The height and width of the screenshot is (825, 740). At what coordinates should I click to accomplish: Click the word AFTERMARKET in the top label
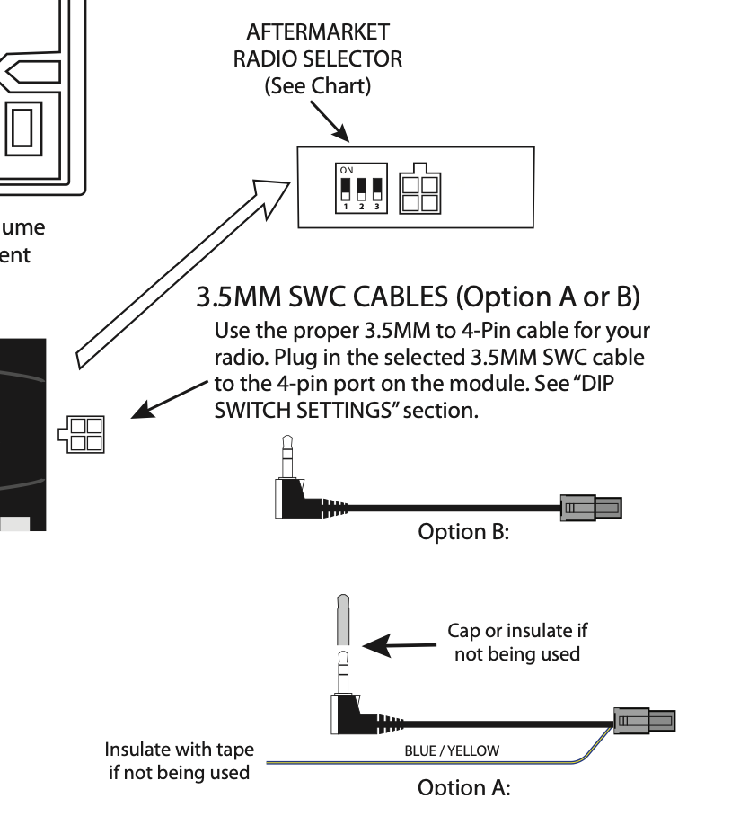[x=317, y=32]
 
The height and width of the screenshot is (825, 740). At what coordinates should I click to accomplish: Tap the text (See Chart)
[x=317, y=88]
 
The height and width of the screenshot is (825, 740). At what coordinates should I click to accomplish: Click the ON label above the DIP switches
[x=346, y=169]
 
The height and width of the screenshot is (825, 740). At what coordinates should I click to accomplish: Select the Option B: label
[x=463, y=531]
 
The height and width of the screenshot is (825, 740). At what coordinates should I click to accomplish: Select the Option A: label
[x=463, y=788]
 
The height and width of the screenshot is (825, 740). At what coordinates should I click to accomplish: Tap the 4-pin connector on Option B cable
[x=591, y=508]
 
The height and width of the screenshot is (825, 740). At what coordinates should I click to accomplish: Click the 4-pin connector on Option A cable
[x=643, y=720]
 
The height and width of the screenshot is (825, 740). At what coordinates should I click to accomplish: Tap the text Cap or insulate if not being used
[x=516, y=642]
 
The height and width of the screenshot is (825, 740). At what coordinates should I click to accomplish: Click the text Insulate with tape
[x=180, y=750]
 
